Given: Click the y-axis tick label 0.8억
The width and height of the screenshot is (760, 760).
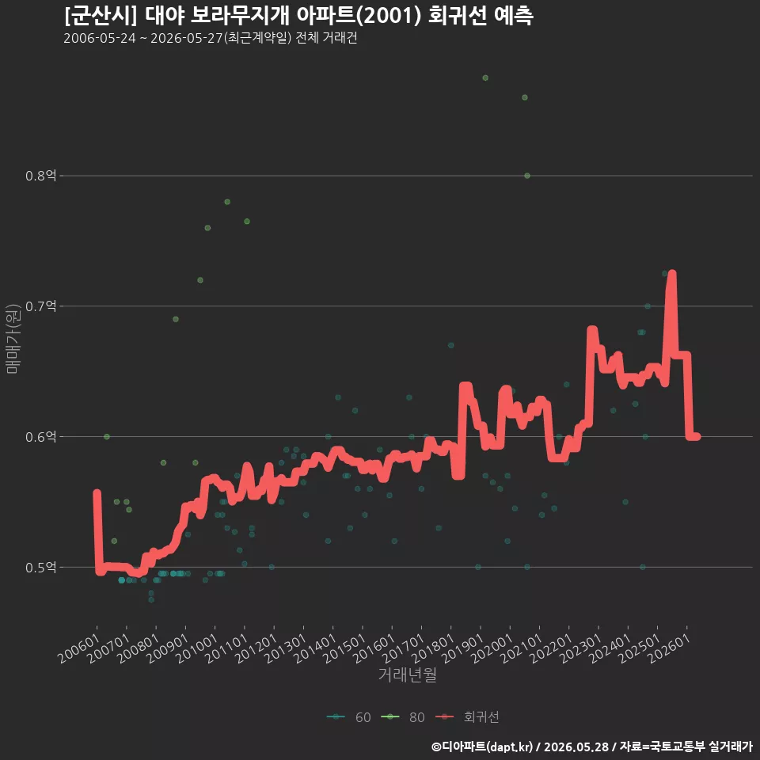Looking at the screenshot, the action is [40, 176].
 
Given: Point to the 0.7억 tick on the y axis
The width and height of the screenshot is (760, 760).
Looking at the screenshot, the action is [40, 306].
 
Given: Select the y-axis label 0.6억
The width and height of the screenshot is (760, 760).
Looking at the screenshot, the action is [40, 437].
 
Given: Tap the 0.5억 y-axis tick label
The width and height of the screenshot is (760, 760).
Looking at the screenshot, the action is [40, 567].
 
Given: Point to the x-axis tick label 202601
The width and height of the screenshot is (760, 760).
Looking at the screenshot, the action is [670, 648].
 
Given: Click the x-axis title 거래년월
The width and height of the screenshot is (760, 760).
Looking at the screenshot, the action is [407, 674].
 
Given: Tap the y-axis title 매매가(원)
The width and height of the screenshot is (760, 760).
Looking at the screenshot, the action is [12, 339].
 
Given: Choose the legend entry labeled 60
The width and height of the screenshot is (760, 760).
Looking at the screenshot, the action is [349, 717].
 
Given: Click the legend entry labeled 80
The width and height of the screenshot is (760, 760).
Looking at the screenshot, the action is [403, 717].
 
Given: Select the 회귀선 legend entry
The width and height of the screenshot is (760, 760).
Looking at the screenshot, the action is [467, 717].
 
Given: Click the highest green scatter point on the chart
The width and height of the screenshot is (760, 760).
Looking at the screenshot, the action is [485, 78].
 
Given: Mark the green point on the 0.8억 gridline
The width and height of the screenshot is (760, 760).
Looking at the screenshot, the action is [527, 176].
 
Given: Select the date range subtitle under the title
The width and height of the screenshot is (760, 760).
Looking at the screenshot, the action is [211, 38].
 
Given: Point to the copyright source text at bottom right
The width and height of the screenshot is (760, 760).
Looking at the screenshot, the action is [592, 747].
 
